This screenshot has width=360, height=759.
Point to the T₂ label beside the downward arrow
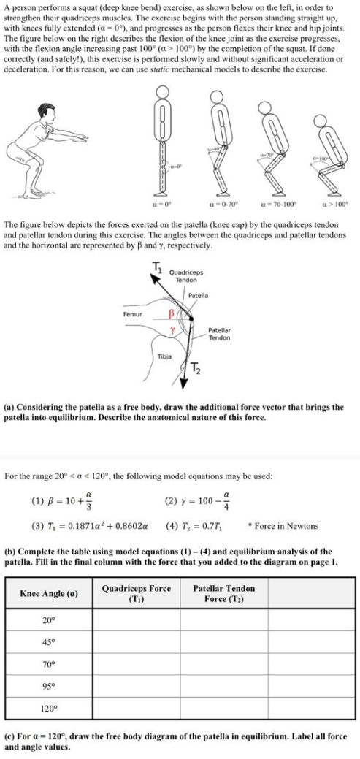tap(196, 367)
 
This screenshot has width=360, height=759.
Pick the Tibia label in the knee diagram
tap(165, 356)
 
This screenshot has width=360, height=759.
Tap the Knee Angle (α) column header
tap(50, 593)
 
